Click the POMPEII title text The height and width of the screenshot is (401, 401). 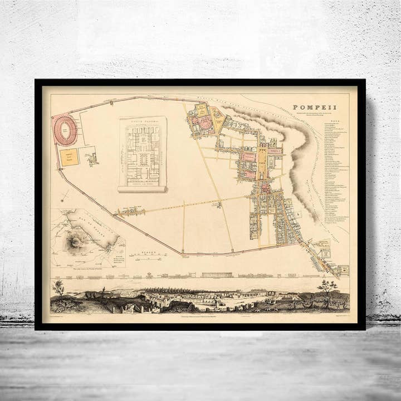pos(315,108)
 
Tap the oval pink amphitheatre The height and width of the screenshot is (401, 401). pos(65,130)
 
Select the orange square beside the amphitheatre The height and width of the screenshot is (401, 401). pos(70,157)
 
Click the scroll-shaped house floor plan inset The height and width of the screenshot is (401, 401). pos(143,154)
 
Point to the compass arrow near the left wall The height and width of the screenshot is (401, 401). pos(66,195)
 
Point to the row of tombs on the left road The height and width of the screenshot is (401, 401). pos(130,211)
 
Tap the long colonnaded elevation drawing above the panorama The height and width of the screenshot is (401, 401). pos(217,274)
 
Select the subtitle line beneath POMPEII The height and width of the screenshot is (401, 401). pos(315,115)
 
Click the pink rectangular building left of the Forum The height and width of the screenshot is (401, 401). pos(248,157)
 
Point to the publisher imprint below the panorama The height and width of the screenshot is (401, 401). pos(200,317)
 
